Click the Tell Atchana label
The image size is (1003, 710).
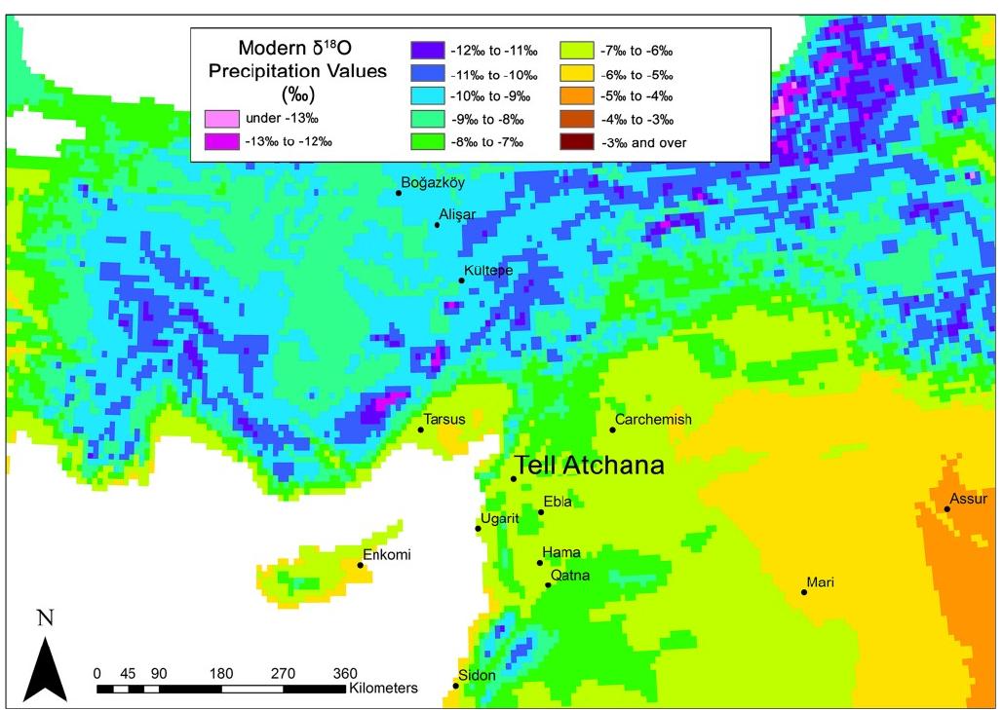coord(589,466)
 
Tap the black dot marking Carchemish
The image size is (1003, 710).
coord(612,430)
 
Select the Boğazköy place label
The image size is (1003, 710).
coord(434,181)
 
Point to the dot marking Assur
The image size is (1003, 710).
coord(946,508)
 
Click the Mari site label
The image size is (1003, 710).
coord(820,582)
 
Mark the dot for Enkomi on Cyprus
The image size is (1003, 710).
coord(361,565)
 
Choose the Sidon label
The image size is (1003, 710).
coord(477,675)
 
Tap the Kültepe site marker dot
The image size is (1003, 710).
coord(462,280)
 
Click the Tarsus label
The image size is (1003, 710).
coord(444,419)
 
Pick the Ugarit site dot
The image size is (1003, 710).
coord(478,528)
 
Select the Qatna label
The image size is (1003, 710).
coord(570,576)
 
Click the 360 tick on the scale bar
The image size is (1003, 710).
coord(346,672)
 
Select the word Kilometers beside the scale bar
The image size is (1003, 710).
coord(383,688)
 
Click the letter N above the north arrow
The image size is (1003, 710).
coord(44,617)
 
